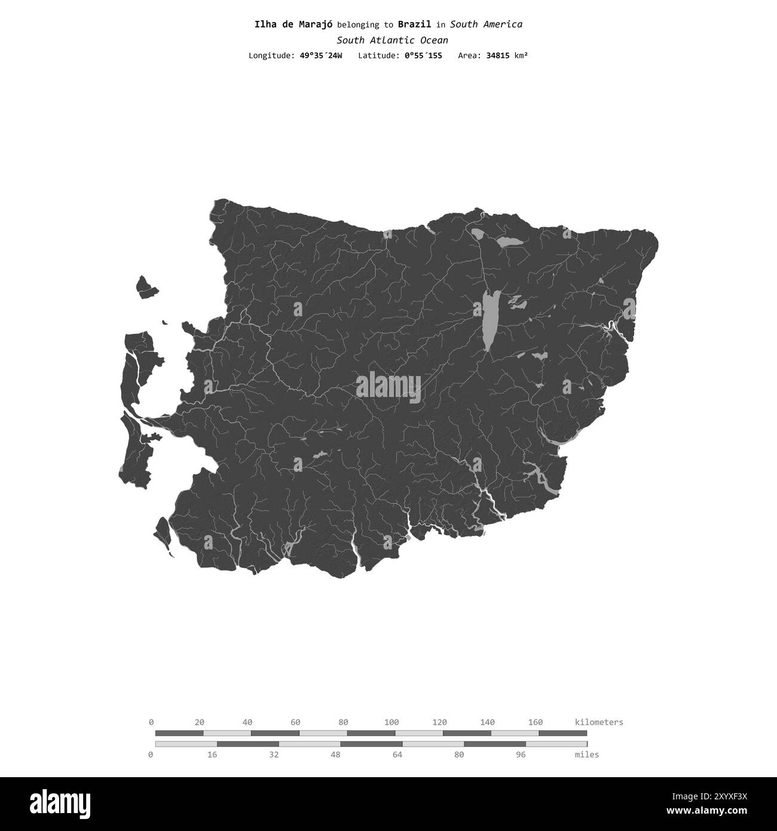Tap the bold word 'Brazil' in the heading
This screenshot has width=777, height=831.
(x=414, y=25)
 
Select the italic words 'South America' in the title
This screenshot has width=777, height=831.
(x=486, y=25)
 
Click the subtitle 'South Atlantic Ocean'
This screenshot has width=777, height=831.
(x=392, y=40)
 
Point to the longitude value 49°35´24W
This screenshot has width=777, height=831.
(x=321, y=56)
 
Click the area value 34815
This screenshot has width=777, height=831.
(x=499, y=56)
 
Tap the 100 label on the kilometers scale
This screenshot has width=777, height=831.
(x=391, y=722)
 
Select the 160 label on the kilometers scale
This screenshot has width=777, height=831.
(x=536, y=722)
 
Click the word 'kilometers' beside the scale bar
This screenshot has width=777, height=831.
(x=599, y=722)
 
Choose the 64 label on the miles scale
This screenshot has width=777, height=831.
(x=397, y=754)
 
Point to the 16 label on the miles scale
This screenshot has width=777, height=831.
(x=212, y=754)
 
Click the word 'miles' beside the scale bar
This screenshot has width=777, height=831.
(x=587, y=754)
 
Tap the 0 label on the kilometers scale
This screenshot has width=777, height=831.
(x=151, y=722)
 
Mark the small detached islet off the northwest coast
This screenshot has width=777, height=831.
(x=145, y=288)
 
